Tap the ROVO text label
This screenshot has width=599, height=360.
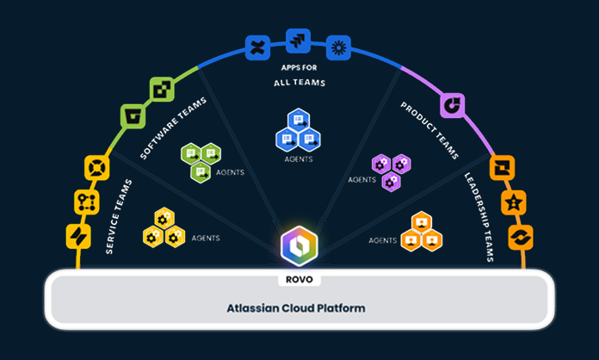point(299,279)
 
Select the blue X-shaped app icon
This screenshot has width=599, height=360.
point(257,47)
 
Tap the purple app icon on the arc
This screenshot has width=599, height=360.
point(453,105)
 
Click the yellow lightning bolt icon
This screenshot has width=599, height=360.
point(78,236)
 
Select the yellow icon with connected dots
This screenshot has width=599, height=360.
point(86,202)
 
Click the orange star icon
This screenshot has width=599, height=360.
point(515,202)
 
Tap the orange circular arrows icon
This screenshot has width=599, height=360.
point(521,236)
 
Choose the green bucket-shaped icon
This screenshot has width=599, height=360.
point(132,115)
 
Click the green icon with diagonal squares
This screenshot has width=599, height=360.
point(162,89)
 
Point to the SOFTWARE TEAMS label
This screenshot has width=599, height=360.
point(173,129)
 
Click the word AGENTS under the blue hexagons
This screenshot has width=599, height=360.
point(298,159)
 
